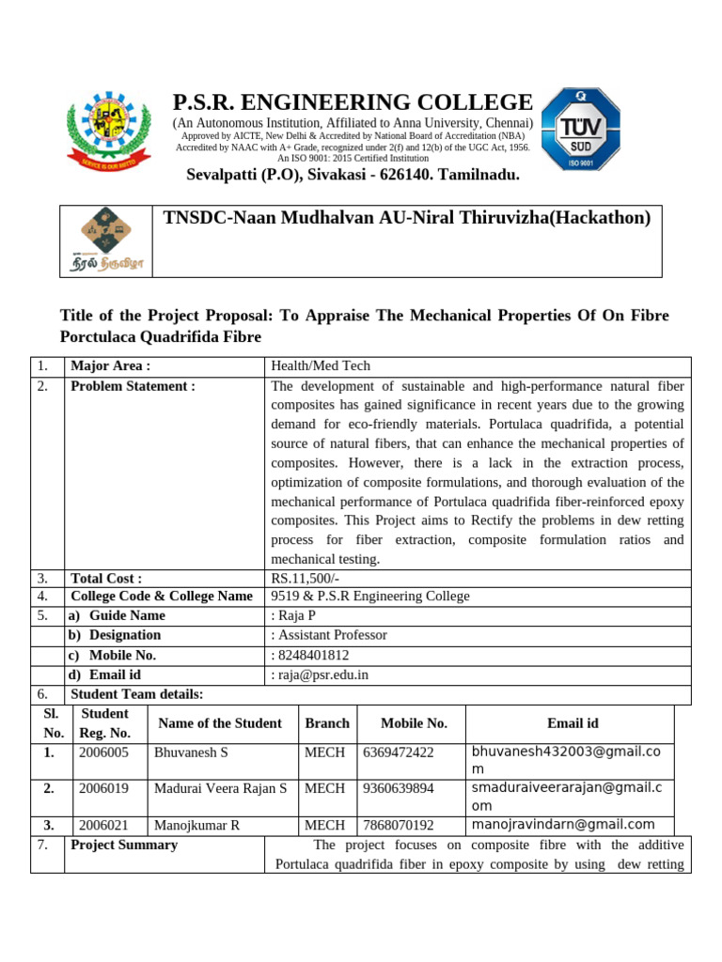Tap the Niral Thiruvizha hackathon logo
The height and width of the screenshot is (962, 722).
tap(107, 241)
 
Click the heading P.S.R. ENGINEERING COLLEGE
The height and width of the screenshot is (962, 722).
tap(353, 102)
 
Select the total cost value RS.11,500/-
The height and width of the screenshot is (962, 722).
tap(307, 579)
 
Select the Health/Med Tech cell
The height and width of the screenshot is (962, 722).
tap(321, 366)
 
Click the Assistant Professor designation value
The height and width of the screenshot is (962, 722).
tap(329, 635)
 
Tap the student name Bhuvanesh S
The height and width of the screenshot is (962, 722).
tap(191, 753)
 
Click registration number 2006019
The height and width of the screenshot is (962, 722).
tap(103, 788)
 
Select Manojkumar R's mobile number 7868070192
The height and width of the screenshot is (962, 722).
tap(398, 826)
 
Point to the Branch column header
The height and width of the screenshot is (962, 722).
tap(327, 723)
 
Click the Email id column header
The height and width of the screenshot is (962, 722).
tap(573, 723)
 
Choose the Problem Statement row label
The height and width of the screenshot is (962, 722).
tap(133, 386)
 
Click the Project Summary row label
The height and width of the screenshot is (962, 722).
tap(124, 845)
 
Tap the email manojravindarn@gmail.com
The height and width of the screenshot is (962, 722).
tap(563, 825)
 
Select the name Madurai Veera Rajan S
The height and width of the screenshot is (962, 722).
tap(220, 788)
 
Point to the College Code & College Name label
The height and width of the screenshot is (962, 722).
tap(162, 597)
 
